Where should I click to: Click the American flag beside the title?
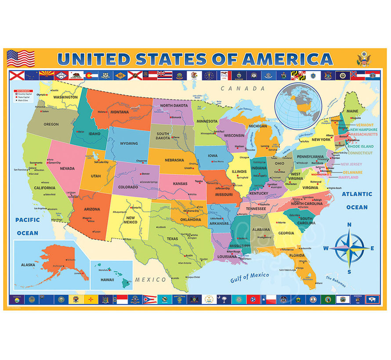pos(21,58)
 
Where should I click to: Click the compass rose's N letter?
pos(349,225)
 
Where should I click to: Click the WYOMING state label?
pos(129,143)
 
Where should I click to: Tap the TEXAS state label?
pos(172,239)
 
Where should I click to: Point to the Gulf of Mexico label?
pos(250,277)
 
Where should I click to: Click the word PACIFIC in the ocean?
pos(27,220)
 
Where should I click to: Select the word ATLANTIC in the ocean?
pos(357,194)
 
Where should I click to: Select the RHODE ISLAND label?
pos(360,147)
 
